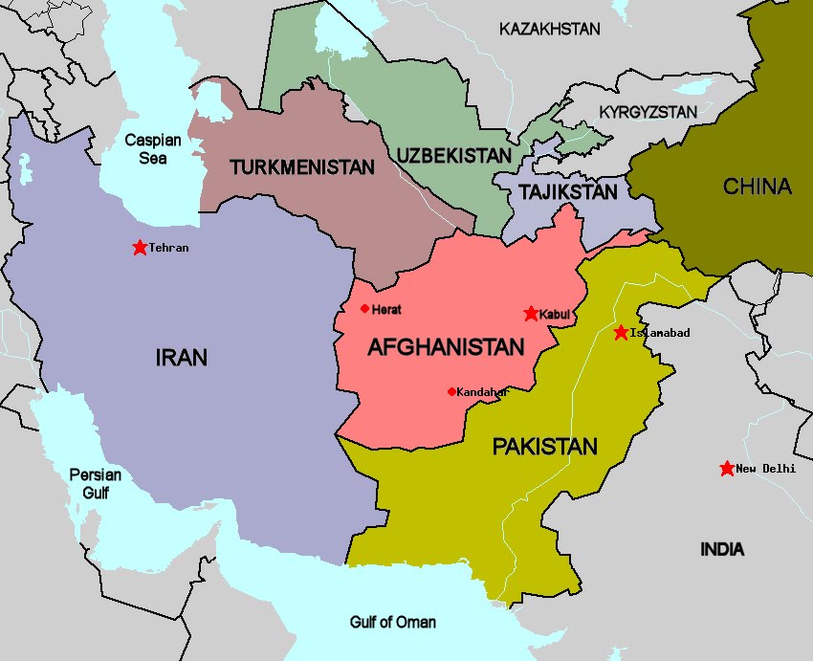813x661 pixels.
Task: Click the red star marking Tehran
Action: (x=140, y=248)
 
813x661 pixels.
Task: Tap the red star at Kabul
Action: (x=531, y=314)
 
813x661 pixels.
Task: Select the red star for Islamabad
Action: (x=621, y=333)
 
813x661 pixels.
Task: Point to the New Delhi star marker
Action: (x=727, y=469)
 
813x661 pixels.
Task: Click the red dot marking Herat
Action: (x=364, y=308)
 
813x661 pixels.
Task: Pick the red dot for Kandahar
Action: (x=451, y=391)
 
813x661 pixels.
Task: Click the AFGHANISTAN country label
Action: (x=446, y=347)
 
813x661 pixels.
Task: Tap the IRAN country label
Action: (x=181, y=358)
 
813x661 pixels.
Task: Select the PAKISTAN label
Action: (x=544, y=447)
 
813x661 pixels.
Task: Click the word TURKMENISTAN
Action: (x=301, y=167)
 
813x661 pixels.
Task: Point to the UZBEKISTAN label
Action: (x=453, y=155)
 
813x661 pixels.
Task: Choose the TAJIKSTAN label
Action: (x=568, y=192)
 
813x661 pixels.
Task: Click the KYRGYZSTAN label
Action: (x=648, y=113)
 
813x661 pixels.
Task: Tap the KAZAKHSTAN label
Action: (x=550, y=30)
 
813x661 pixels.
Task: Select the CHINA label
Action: (x=757, y=187)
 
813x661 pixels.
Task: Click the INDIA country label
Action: (x=721, y=550)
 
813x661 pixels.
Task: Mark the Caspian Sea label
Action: (x=153, y=149)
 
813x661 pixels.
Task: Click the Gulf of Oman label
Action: (x=393, y=623)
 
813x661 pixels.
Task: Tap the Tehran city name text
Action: (x=168, y=248)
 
